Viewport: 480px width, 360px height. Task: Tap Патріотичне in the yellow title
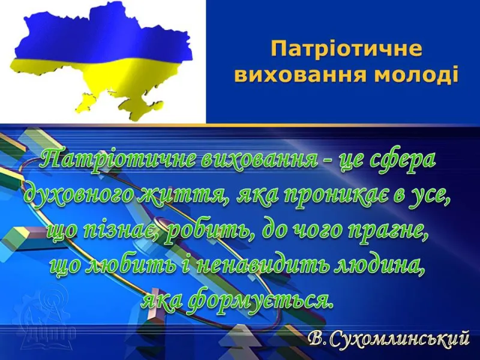347,49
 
